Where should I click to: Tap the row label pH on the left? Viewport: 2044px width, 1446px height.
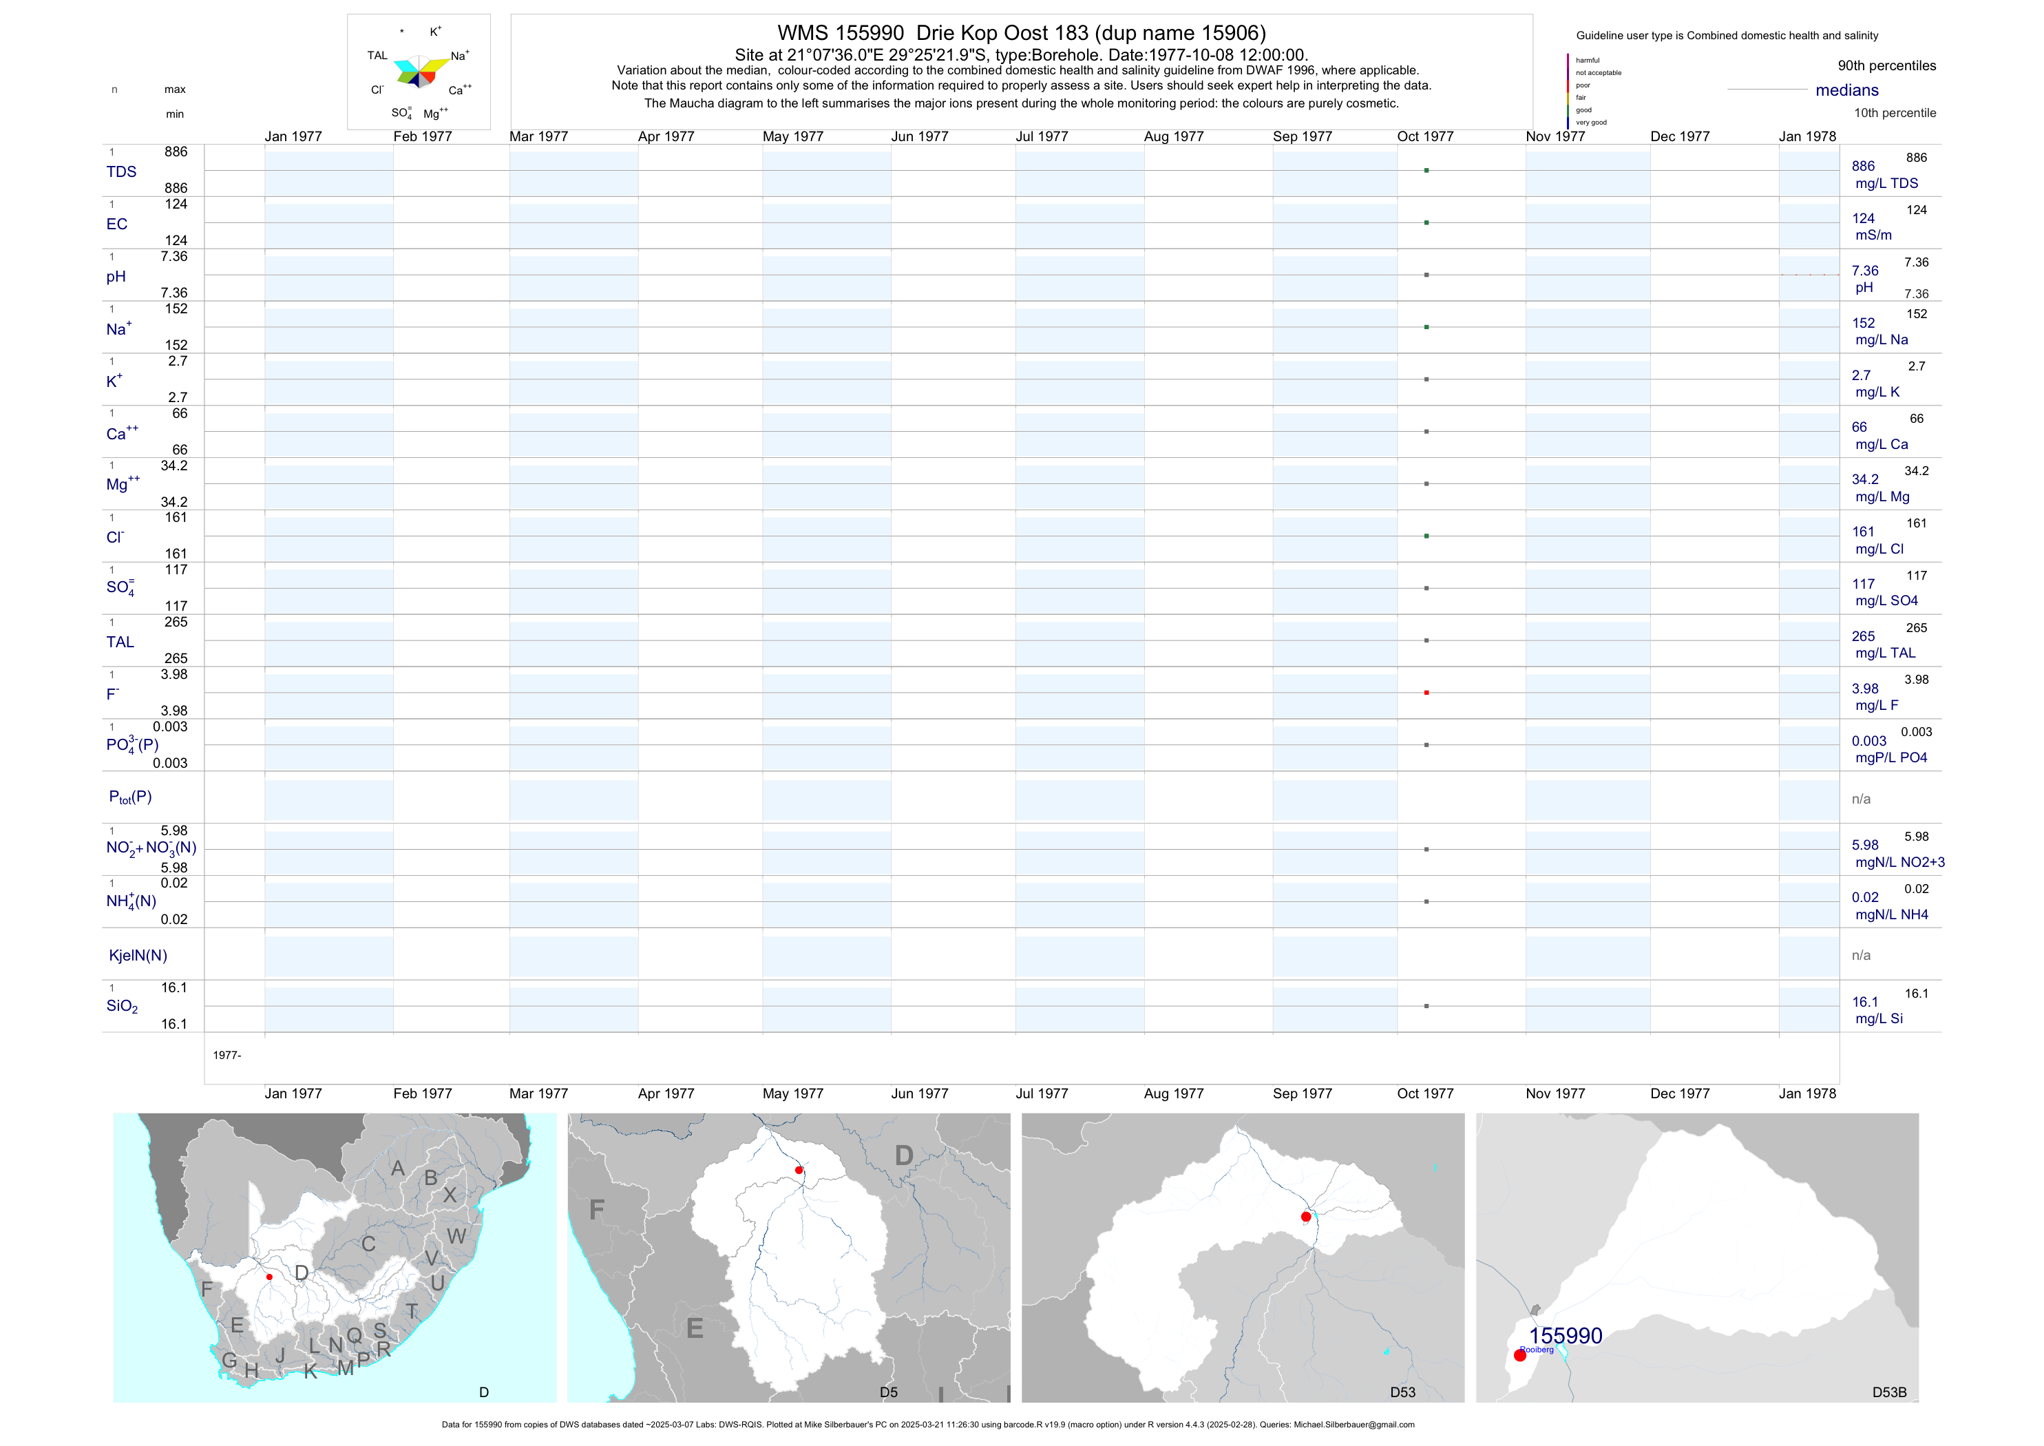tap(116, 277)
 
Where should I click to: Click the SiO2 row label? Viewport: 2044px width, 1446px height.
tap(122, 1006)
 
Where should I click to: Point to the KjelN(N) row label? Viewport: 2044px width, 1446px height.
tap(138, 956)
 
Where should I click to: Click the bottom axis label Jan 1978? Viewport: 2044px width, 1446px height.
tap(1807, 1093)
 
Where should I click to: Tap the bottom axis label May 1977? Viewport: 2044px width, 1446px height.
tap(792, 1093)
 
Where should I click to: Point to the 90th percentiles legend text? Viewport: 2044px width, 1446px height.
tap(1886, 66)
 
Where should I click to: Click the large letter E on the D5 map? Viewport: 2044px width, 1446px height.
tap(695, 1330)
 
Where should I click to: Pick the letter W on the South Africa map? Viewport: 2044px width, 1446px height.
tap(456, 1236)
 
